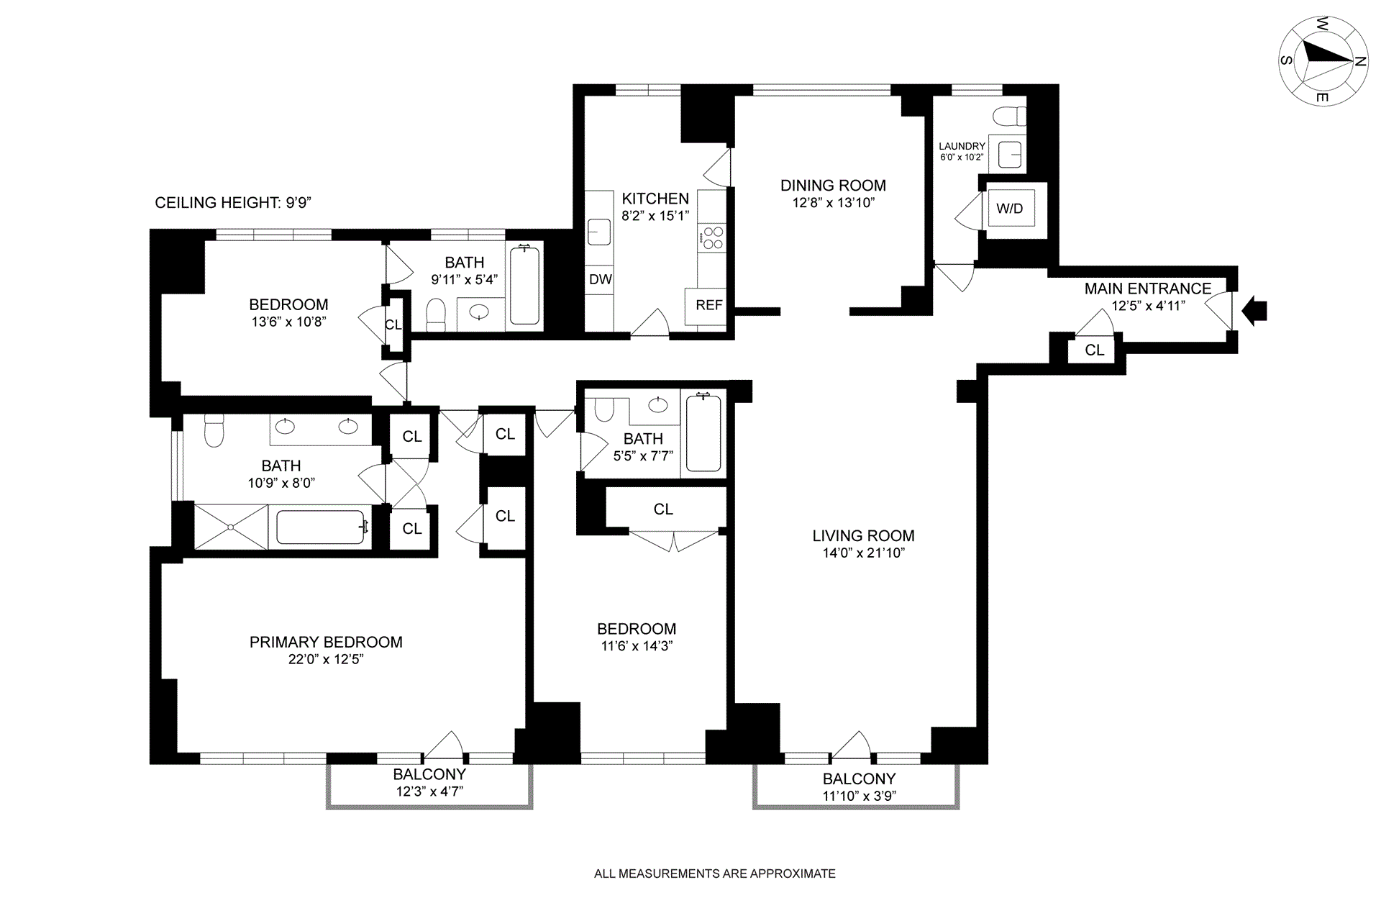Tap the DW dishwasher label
(601, 279)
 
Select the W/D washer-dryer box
(1010, 209)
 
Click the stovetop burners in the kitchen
(713, 238)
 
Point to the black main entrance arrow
(1255, 310)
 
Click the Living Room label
(863, 536)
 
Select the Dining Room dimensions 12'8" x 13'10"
(834, 203)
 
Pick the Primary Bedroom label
(326, 643)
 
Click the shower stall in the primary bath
(231, 527)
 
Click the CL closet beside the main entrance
(1095, 350)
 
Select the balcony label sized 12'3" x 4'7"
(429, 783)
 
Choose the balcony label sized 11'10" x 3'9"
(860, 787)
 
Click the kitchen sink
(598, 232)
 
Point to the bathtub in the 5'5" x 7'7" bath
(703, 432)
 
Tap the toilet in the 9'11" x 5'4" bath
(437, 314)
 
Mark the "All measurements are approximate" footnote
(715, 874)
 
